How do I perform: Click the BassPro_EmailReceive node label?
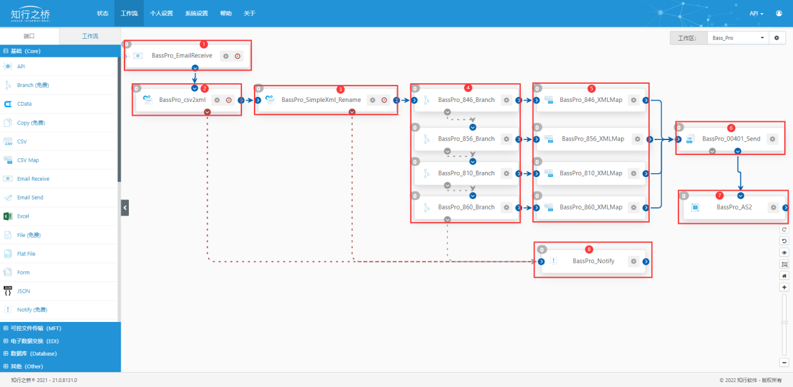coord(182,56)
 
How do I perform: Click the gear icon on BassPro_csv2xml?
coord(217,100)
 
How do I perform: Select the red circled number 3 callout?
coord(340,89)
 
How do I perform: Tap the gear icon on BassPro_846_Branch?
coord(507,100)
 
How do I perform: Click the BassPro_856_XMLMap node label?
coord(593,139)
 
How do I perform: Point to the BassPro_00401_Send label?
coord(731,139)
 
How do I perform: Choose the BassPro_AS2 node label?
coord(734,207)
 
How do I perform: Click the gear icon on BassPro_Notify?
coord(634,261)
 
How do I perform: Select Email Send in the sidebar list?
coord(30,198)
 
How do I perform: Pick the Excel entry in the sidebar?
coord(23,216)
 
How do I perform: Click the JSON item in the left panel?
coord(23,291)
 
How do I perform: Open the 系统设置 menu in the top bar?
coord(196,13)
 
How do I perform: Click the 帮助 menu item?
coord(226,13)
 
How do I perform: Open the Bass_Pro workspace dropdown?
coord(738,38)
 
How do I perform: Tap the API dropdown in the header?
coord(756,14)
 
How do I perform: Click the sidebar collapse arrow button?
coord(125,208)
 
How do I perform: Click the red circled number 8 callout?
coord(588,249)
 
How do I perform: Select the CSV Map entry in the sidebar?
coord(28,160)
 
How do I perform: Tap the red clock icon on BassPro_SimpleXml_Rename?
coord(384,100)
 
